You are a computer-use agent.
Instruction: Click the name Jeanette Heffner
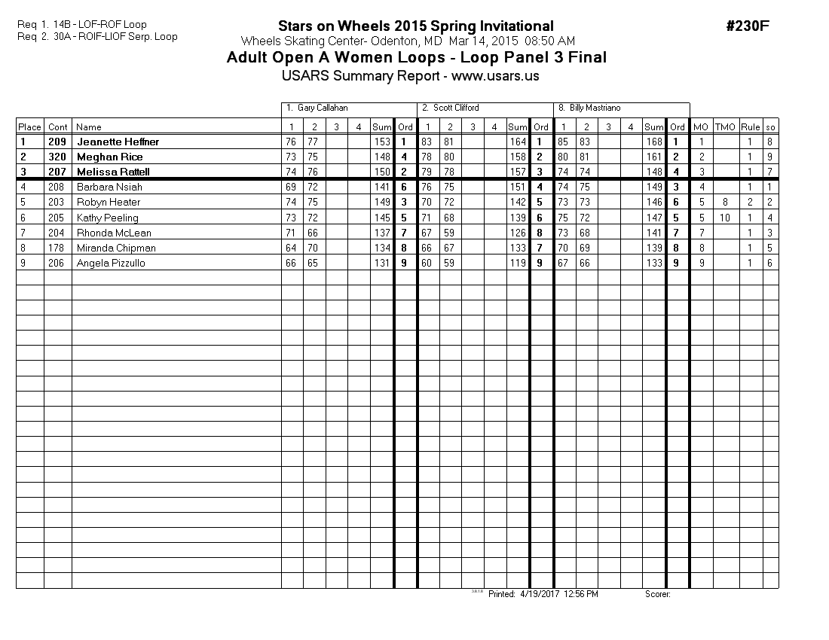coord(118,142)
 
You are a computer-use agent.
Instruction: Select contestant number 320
coord(57,157)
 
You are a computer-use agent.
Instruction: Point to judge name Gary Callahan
coord(323,108)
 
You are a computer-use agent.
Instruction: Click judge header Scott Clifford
coord(456,108)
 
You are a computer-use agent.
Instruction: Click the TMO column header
coord(725,127)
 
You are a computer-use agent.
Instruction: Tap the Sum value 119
coord(517,263)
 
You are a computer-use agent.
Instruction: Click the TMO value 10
coord(725,218)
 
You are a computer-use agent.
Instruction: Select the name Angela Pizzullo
coord(111,263)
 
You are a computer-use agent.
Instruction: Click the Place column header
coord(29,127)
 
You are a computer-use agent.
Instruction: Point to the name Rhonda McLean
coord(114,233)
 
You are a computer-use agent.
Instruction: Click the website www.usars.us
coord(495,76)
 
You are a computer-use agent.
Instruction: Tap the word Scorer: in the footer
coord(658,594)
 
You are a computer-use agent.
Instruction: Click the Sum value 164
coord(517,142)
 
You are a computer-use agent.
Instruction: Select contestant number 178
coord(57,248)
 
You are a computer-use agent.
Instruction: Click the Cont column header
coord(58,127)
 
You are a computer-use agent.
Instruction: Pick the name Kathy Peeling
coord(108,218)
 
